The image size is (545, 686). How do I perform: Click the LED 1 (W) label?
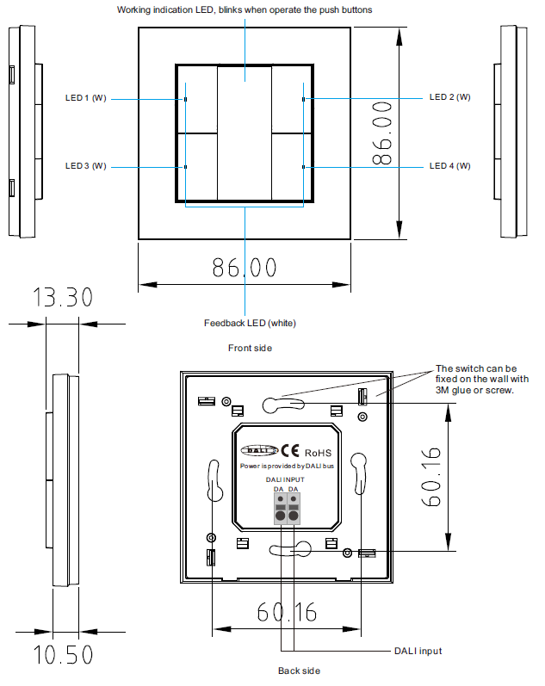[86, 98]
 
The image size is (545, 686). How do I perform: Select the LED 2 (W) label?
[449, 97]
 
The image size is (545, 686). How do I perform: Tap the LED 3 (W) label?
[86, 165]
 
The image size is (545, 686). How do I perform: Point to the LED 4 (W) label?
[449, 165]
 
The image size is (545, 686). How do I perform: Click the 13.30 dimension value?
[62, 298]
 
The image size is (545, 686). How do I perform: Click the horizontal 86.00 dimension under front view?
[245, 268]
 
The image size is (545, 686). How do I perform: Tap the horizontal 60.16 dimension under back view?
[287, 612]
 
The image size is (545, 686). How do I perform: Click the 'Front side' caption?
[250, 348]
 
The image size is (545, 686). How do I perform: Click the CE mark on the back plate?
[290, 451]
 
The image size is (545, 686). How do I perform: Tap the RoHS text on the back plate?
[318, 452]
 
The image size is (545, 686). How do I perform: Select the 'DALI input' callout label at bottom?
[418, 651]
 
